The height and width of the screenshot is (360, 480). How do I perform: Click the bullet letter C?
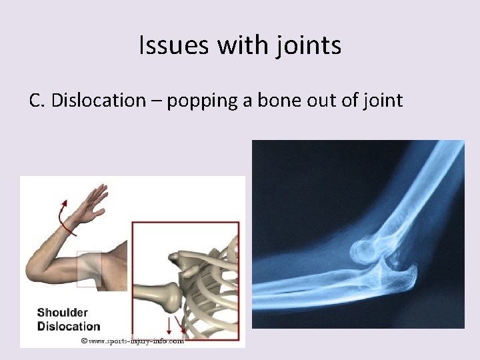point(37,101)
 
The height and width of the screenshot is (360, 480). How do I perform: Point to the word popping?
point(195,101)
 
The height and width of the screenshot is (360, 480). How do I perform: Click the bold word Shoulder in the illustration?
point(62,312)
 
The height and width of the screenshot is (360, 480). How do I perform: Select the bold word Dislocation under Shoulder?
point(68,326)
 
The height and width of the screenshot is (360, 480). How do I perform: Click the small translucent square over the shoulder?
point(89,268)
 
